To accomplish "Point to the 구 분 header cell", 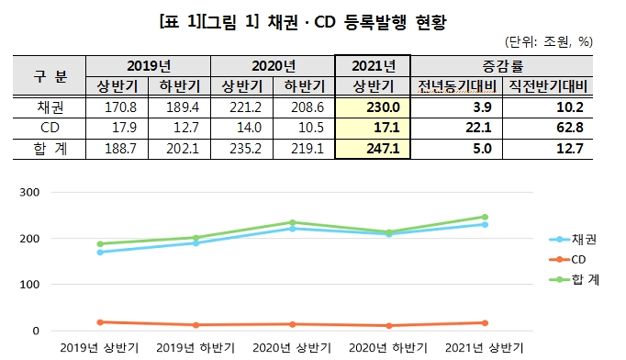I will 51,75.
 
